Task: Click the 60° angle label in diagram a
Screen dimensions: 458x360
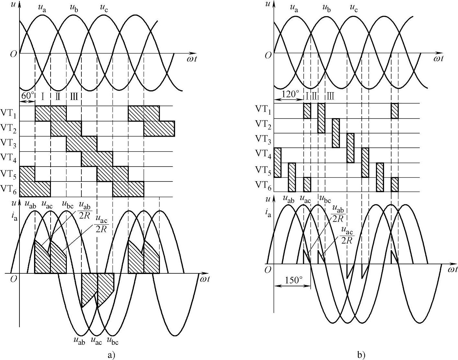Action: click(x=27, y=96)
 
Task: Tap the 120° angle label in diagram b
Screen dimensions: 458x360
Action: click(x=291, y=94)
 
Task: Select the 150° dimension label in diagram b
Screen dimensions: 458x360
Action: click(x=294, y=280)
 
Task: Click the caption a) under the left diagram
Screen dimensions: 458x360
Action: click(x=111, y=355)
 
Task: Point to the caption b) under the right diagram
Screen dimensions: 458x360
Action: click(x=361, y=355)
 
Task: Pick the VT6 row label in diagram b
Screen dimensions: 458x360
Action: click(x=263, y=185)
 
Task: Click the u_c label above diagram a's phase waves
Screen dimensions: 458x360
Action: click(x=104, y=8)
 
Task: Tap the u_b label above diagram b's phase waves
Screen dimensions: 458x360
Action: click(x=327, y=8)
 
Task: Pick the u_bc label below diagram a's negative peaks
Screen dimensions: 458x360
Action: click(x=113, y=341)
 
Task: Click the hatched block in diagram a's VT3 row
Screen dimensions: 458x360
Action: click(x=81, y=144)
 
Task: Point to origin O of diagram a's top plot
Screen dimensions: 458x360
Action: click(x=13, y=54)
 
